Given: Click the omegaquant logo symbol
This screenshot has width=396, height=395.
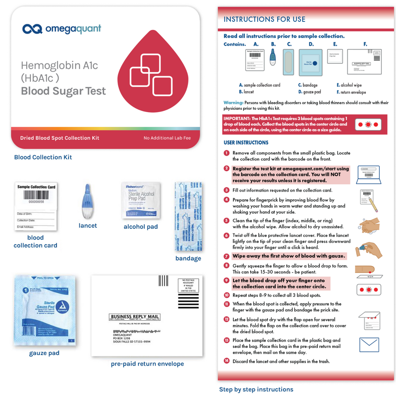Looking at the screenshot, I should pos(32,29).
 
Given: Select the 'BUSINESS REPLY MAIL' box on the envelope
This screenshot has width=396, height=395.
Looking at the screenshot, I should pos(135,317).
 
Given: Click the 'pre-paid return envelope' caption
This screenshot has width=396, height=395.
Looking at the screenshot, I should pos(147,364).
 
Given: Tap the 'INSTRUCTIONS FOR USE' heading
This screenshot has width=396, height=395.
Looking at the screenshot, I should pos(265,19).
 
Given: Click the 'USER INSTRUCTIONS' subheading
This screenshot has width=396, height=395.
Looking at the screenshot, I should pos(246,143).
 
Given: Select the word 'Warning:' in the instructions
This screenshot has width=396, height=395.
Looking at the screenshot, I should pos(233,103).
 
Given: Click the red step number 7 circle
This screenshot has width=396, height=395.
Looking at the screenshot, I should pos(227,256).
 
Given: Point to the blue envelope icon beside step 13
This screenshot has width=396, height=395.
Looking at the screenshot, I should pos(369,345).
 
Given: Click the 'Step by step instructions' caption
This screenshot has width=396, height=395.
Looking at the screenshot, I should pos(256,389).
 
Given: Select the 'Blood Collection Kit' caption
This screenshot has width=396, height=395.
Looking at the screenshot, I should pos(43,157).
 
